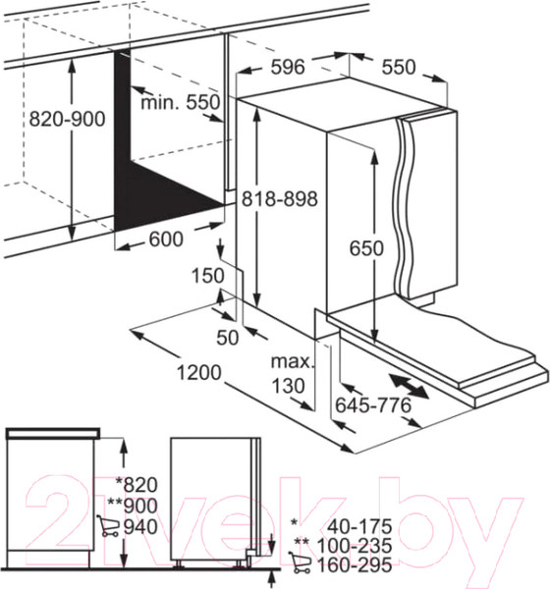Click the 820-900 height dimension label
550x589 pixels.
point(68,119)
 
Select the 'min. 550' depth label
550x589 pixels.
point(180,102)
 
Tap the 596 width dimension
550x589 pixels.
point(288,67)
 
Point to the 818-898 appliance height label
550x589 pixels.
point(279,198)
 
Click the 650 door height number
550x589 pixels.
point(366,248)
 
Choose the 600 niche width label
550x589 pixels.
point(166,240)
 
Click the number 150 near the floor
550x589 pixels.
point(208,275)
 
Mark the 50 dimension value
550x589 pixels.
point(228,338)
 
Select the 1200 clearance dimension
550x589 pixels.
point(198,373)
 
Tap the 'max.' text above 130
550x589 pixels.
point(292,361)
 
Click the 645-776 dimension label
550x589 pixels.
point(373,404)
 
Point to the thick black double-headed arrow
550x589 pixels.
point(409,386)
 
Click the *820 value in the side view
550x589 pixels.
point(137,485)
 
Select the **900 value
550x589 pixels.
point(133,506)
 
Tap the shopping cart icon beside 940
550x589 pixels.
point(108,525)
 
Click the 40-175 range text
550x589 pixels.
point(359,526)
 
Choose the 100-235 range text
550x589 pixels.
point(355,546)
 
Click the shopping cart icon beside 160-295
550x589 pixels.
point(300,562)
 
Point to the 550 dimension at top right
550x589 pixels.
point(399,67)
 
